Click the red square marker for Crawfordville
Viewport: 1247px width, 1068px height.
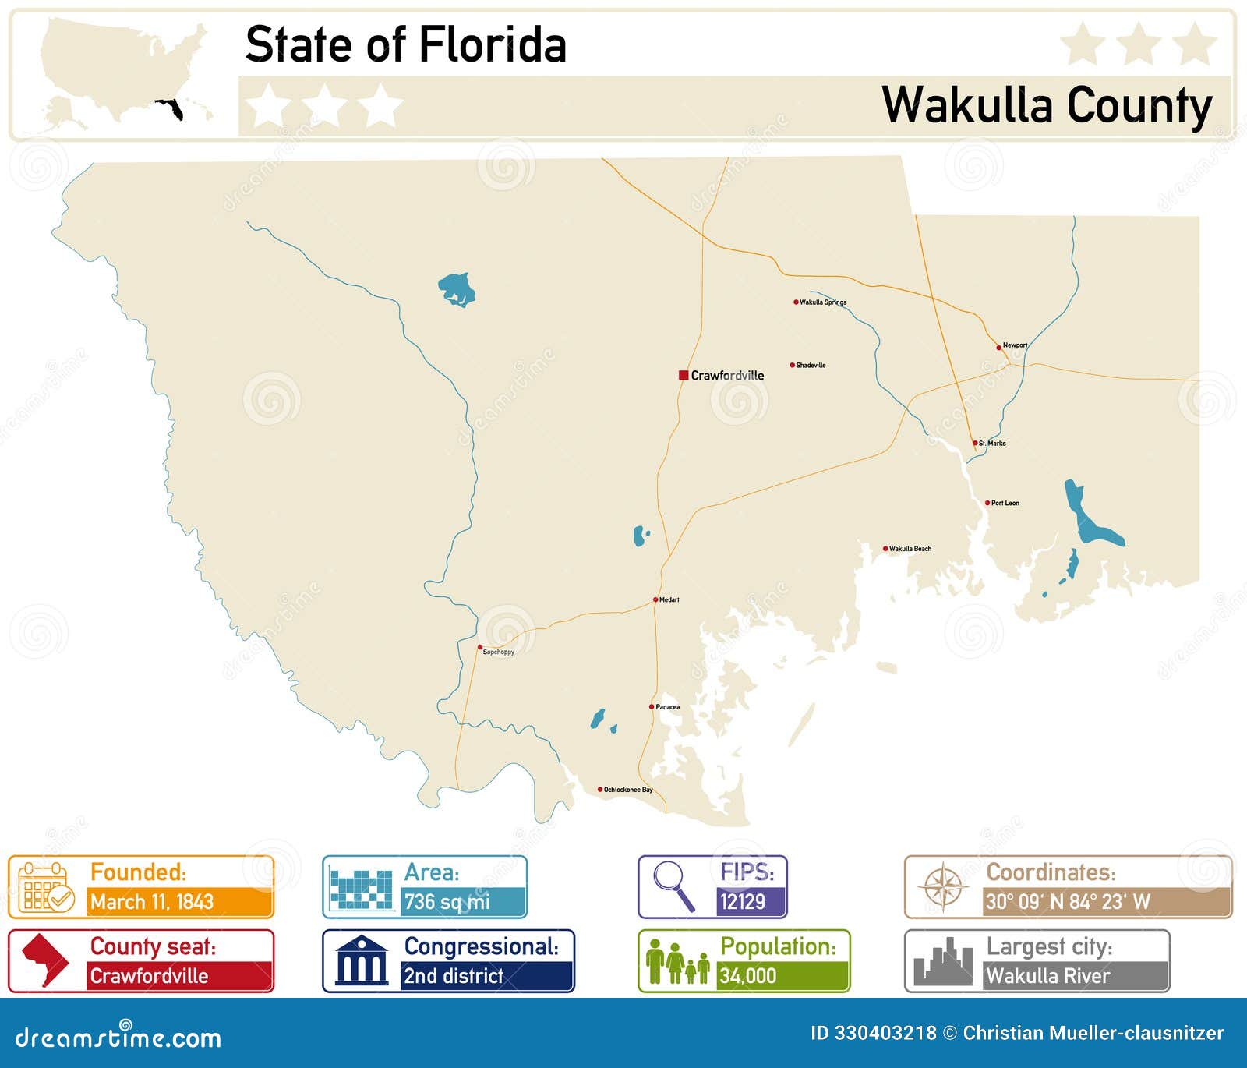tap(683, 375)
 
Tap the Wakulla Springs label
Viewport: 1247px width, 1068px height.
tap(823, 302)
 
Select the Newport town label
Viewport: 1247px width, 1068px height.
tap(1015, 345)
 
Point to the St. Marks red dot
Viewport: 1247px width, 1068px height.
tap(974, 443)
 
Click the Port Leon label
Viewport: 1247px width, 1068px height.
tap(1005, 504)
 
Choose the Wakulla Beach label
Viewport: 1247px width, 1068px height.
tap(910, 549)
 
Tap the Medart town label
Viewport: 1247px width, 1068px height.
tap(669, 600)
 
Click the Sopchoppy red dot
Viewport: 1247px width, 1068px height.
tap(480, 647)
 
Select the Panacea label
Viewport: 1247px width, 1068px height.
tap(667, 707)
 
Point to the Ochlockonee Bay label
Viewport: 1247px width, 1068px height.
tap(628, 790)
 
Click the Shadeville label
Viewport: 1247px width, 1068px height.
tap(811, 365)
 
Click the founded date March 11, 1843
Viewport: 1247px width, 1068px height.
tap(152, 902)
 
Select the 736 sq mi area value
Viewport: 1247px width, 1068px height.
tap(447, 902)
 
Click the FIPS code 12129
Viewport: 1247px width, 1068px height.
tap(742, 902)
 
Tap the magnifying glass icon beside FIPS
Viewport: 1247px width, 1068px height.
tap(673, 885)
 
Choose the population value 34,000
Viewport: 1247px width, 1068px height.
tap(747, 975)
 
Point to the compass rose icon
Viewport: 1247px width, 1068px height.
tap(943, 887)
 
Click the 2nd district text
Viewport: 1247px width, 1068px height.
tap(453, 975)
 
